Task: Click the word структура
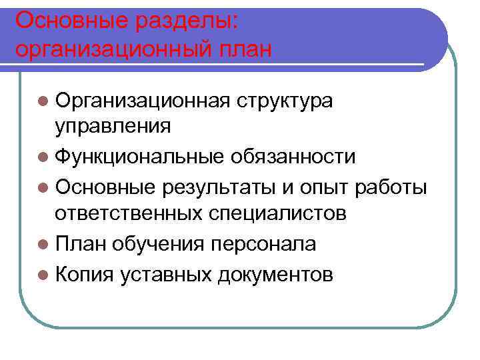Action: point(285,101)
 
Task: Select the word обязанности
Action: point(293,157)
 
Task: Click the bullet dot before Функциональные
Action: point(43,157)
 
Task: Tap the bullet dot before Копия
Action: point(43,274)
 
